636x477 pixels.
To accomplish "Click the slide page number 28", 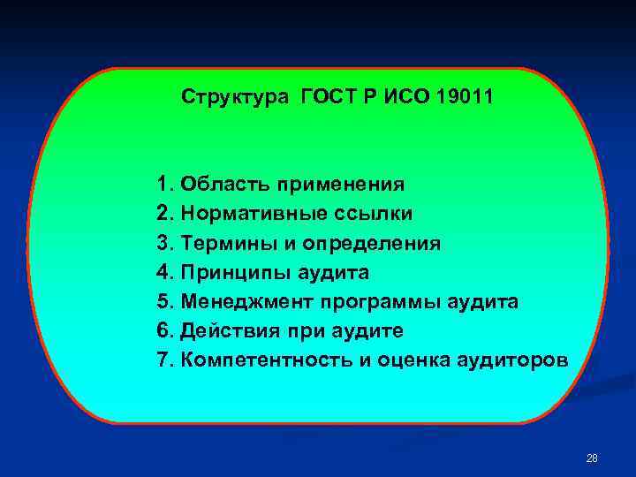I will [592, 458].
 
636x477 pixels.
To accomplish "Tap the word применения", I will [342, 185].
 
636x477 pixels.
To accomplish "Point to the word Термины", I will [221, 243].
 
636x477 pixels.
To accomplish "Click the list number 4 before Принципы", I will [162, 272].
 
